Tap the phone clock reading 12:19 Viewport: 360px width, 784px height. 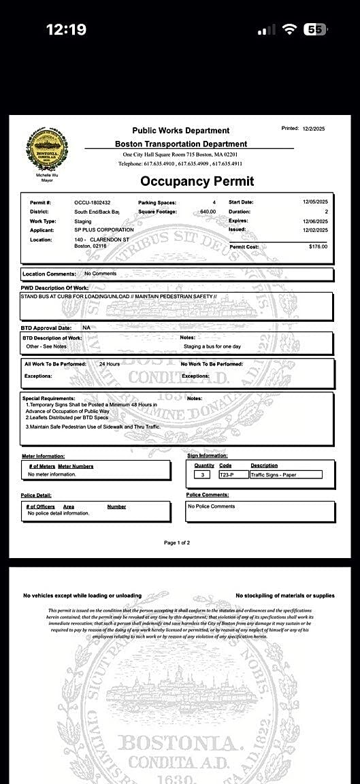tap(66, 29)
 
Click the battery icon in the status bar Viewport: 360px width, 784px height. tap(315, 29)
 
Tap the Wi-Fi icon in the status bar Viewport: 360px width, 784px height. tap(291, 29)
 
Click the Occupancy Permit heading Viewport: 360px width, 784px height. tap(197, 181)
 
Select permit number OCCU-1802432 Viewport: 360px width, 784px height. tap(92, 203)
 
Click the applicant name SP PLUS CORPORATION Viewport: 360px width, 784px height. tap(104, 230)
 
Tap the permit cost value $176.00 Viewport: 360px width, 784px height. tap(318, 246)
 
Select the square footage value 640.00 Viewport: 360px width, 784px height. tap(208, 212)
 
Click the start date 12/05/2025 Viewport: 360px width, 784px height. tap(315, 202)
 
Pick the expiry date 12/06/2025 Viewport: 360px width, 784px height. tap(315, 221)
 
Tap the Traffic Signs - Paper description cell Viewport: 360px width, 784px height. tap(276, 475)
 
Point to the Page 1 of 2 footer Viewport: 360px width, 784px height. tap(177, 542)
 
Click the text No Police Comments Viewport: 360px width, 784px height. tap(212, 506)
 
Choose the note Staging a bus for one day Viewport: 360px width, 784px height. tap(212, 346)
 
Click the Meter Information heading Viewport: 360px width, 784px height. tap(43, 456)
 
